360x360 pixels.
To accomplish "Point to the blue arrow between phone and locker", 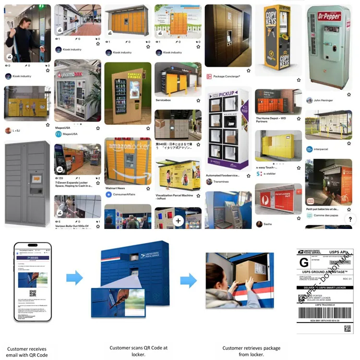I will [x=74, y=277].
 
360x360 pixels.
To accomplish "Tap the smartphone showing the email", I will [x=32, y=281].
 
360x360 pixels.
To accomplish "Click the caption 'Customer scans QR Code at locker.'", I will [x=138, y=351].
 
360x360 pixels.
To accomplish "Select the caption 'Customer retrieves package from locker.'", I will [x=251, y=351].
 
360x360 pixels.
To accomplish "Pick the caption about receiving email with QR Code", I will [x=28, y=352].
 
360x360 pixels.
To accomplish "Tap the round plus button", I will [x=178, y=221].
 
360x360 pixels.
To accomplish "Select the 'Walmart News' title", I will [x=115, y=188].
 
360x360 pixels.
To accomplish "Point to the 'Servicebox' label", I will [x=165, y=100].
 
